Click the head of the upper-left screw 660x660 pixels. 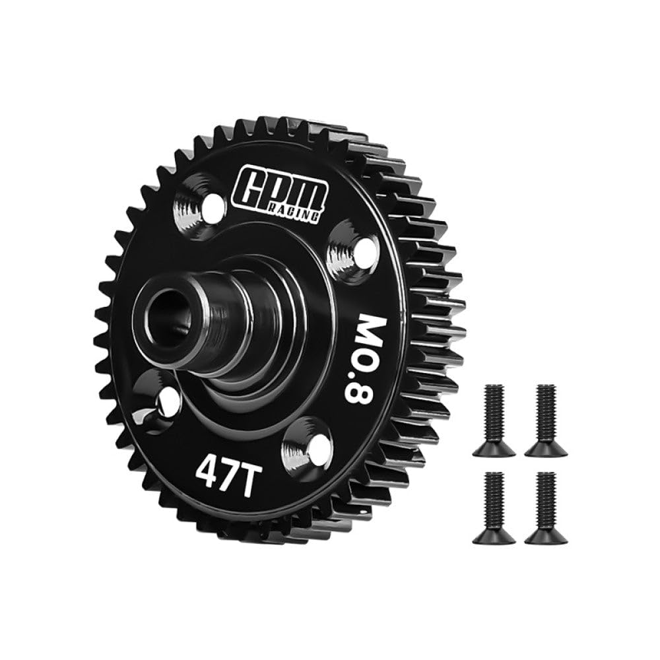coord(494,449)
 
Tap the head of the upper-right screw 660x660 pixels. coord(546,449)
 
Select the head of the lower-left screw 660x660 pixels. coord(494,537)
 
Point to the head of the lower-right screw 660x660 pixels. coord(546,537)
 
